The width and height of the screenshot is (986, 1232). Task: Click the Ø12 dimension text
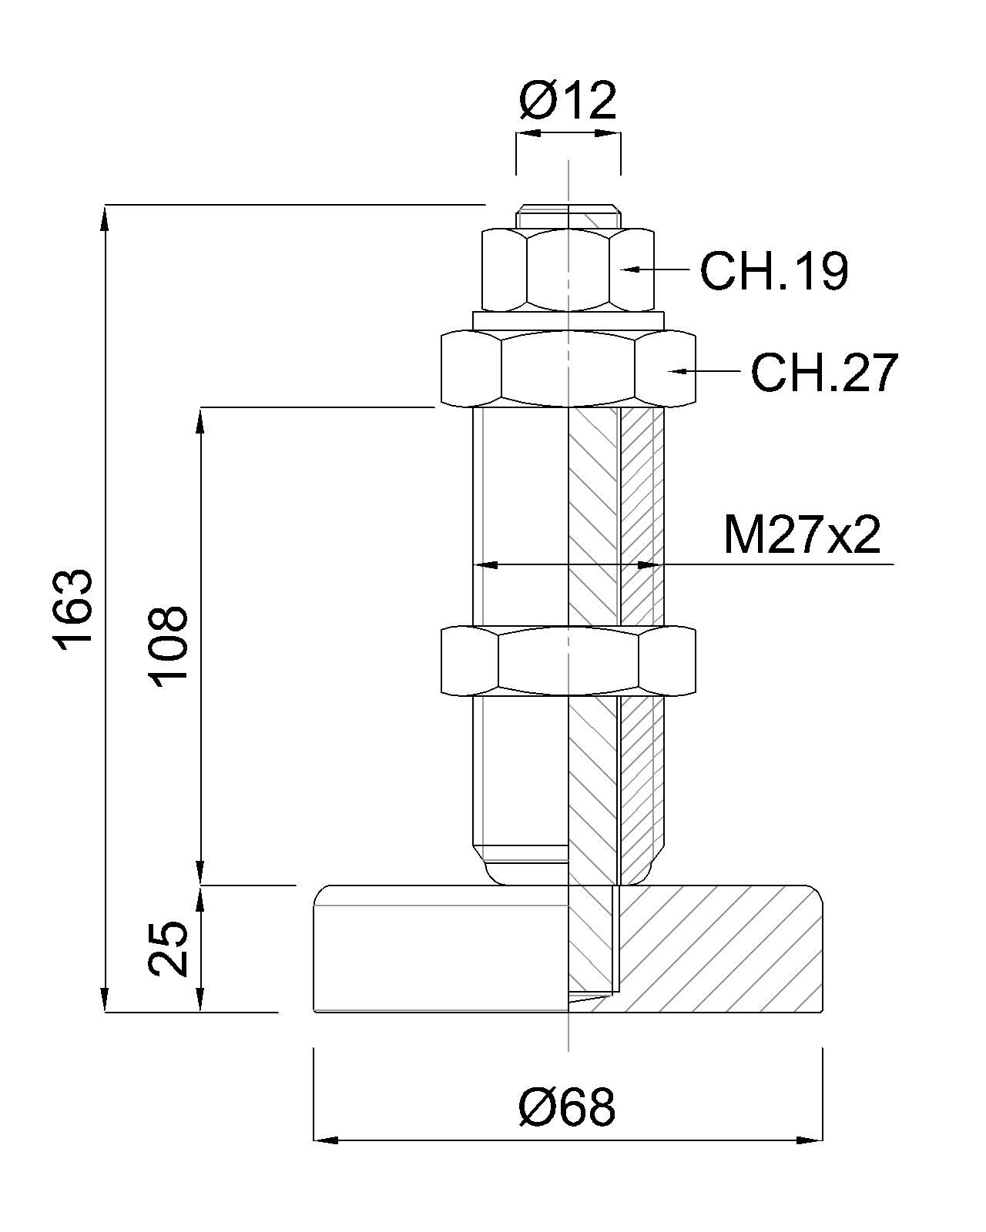coord(568,100)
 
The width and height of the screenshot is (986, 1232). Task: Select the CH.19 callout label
coord(773,270)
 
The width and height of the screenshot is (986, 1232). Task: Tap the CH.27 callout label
coord(824,373)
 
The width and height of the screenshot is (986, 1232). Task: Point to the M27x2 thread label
coord(801,535)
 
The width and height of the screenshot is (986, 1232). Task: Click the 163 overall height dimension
coord(75,608)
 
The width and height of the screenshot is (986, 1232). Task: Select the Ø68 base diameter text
coord(568,1107)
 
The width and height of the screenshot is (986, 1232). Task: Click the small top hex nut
coord(568,269)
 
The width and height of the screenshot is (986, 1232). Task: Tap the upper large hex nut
coord(568,368)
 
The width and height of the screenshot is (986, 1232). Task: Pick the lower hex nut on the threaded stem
coord(568,661)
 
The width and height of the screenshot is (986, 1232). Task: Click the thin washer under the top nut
coord(568,319)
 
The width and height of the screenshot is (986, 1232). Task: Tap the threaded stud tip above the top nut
coord(568,216)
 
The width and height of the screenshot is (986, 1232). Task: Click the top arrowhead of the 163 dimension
coord(105,216)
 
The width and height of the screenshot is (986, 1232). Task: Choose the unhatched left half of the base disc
coord(439,949)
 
